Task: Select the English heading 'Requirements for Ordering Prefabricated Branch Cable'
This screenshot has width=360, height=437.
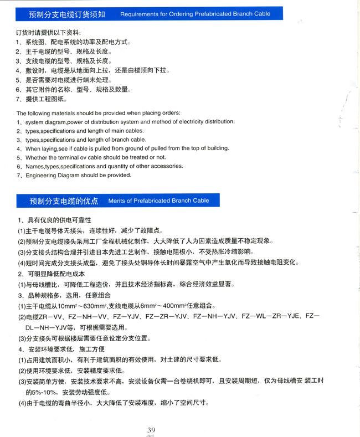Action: pos(194,13)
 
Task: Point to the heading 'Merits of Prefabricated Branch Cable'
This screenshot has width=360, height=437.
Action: pos(158,200)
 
